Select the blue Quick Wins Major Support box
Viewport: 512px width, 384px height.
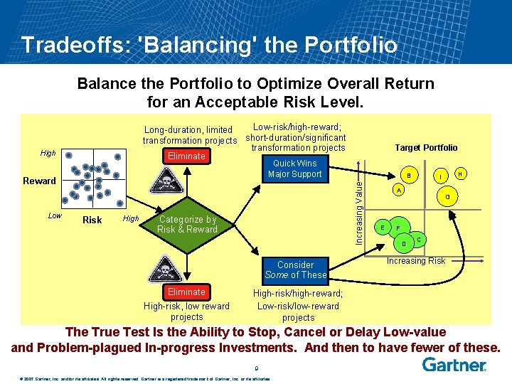[x=294, y=169]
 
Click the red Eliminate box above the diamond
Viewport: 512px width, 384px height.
[x=186, y=156]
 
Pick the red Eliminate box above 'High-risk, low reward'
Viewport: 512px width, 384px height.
[x=186, y=292]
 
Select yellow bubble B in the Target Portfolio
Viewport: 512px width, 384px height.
[x=408, y=176]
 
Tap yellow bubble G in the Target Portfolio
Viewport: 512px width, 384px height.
[x=447, y=197]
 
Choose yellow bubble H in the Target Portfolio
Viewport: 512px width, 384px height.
[x=460, y=174]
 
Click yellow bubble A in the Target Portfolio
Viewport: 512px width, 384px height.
[x=399, y=191]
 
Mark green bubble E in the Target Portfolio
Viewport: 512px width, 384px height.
[x=383, y=227]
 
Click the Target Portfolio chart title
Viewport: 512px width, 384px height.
[x=426, y=148]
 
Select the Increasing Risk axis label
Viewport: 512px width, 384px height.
[x=416, y=261]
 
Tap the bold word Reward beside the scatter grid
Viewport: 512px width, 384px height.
[x=39, y=181]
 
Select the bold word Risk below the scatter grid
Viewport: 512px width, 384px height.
[x=92, y=220]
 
